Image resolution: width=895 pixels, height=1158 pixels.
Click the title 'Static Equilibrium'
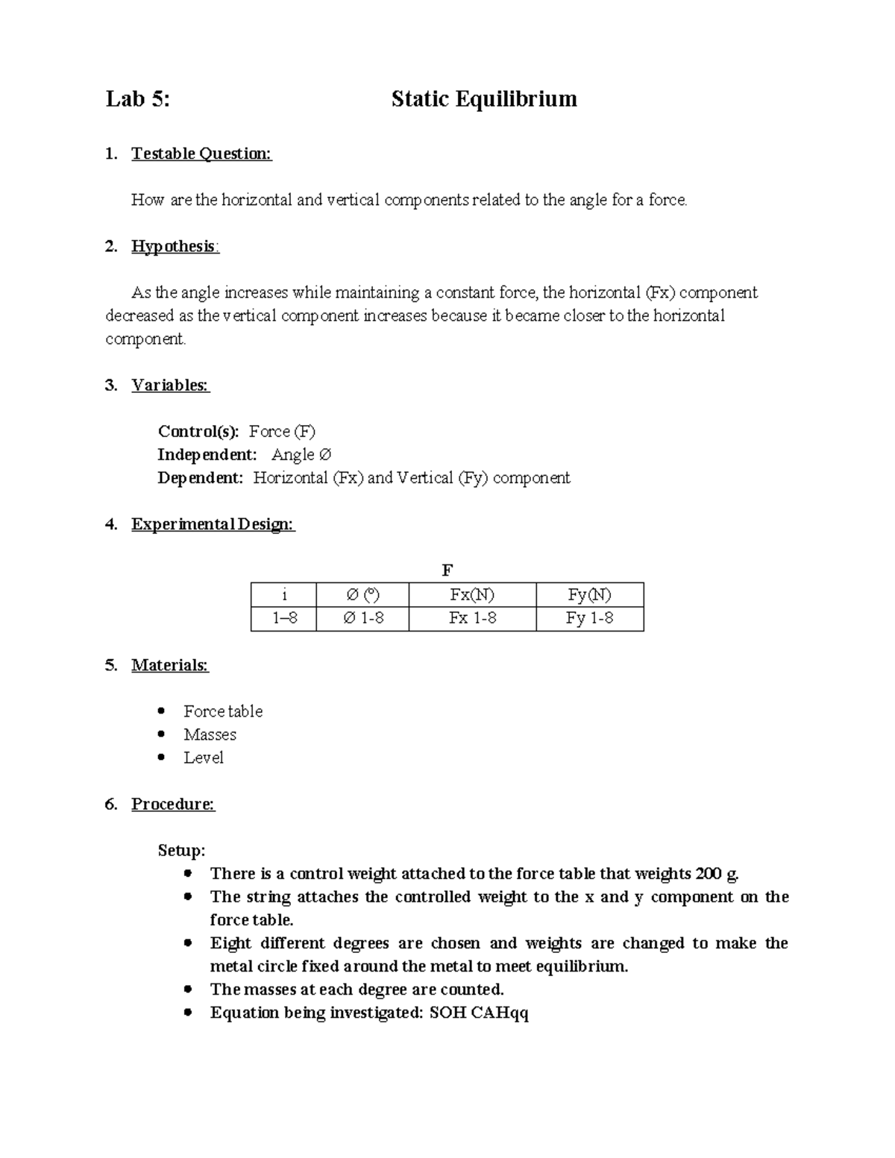(484, 99)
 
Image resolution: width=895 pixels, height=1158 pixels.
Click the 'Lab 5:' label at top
(138, 99)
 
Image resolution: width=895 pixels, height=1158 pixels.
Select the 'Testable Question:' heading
(201, 154)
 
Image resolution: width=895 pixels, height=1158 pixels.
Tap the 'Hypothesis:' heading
(175, 246)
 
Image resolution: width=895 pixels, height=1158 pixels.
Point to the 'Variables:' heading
(170, 385)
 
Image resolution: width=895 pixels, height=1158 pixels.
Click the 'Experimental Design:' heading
(213, 524)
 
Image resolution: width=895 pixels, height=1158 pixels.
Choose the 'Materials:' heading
(170, 664)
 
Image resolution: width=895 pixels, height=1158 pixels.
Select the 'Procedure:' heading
(173, 804)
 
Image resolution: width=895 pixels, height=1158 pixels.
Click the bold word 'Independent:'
(207, 454)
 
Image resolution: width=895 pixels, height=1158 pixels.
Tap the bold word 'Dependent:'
(200, 477)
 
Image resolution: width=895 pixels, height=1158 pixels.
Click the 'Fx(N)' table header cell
(472, 594)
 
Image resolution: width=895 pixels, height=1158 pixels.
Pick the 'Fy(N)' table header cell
(589, 594)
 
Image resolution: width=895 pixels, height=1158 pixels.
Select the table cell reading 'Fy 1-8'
(589, 618)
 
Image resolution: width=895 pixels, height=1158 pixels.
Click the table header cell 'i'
(283, 594)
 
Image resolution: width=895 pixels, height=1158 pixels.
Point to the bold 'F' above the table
(447, 570)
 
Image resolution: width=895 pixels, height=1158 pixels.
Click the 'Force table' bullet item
(223, 711)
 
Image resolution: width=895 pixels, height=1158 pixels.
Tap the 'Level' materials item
(204, 758)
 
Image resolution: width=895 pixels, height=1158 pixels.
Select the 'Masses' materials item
(210, 734)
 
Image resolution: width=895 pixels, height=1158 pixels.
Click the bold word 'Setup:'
(181, 850)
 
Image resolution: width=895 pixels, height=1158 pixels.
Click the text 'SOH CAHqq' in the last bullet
(479, 1013)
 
